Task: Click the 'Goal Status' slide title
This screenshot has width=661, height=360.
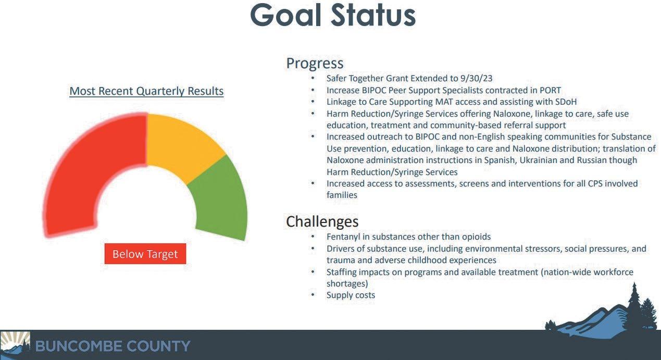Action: [x=333, y=15]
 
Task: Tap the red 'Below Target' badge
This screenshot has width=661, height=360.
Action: [x=145, y=254]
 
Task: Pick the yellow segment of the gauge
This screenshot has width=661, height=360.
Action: [x=183, y=145]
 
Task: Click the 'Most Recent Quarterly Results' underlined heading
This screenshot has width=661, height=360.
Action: [x=146, y=91]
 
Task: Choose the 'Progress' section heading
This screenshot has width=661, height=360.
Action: [x=315, y=64]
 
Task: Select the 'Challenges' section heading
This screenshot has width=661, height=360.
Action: [x=322, y=221]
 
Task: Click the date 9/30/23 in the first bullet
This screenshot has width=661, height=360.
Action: [x=476, y=78]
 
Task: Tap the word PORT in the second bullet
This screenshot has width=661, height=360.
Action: [x=550, y=90]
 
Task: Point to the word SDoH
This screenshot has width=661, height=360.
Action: [x=566, y=102]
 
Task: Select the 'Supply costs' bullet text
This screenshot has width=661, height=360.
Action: [x=351, y=295]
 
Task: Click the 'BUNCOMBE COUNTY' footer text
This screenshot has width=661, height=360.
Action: [x=113, y=346]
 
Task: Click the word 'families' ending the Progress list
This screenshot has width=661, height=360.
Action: [x=342, y=195]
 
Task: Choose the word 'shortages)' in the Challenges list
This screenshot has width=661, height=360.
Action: [x=347, y=284]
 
